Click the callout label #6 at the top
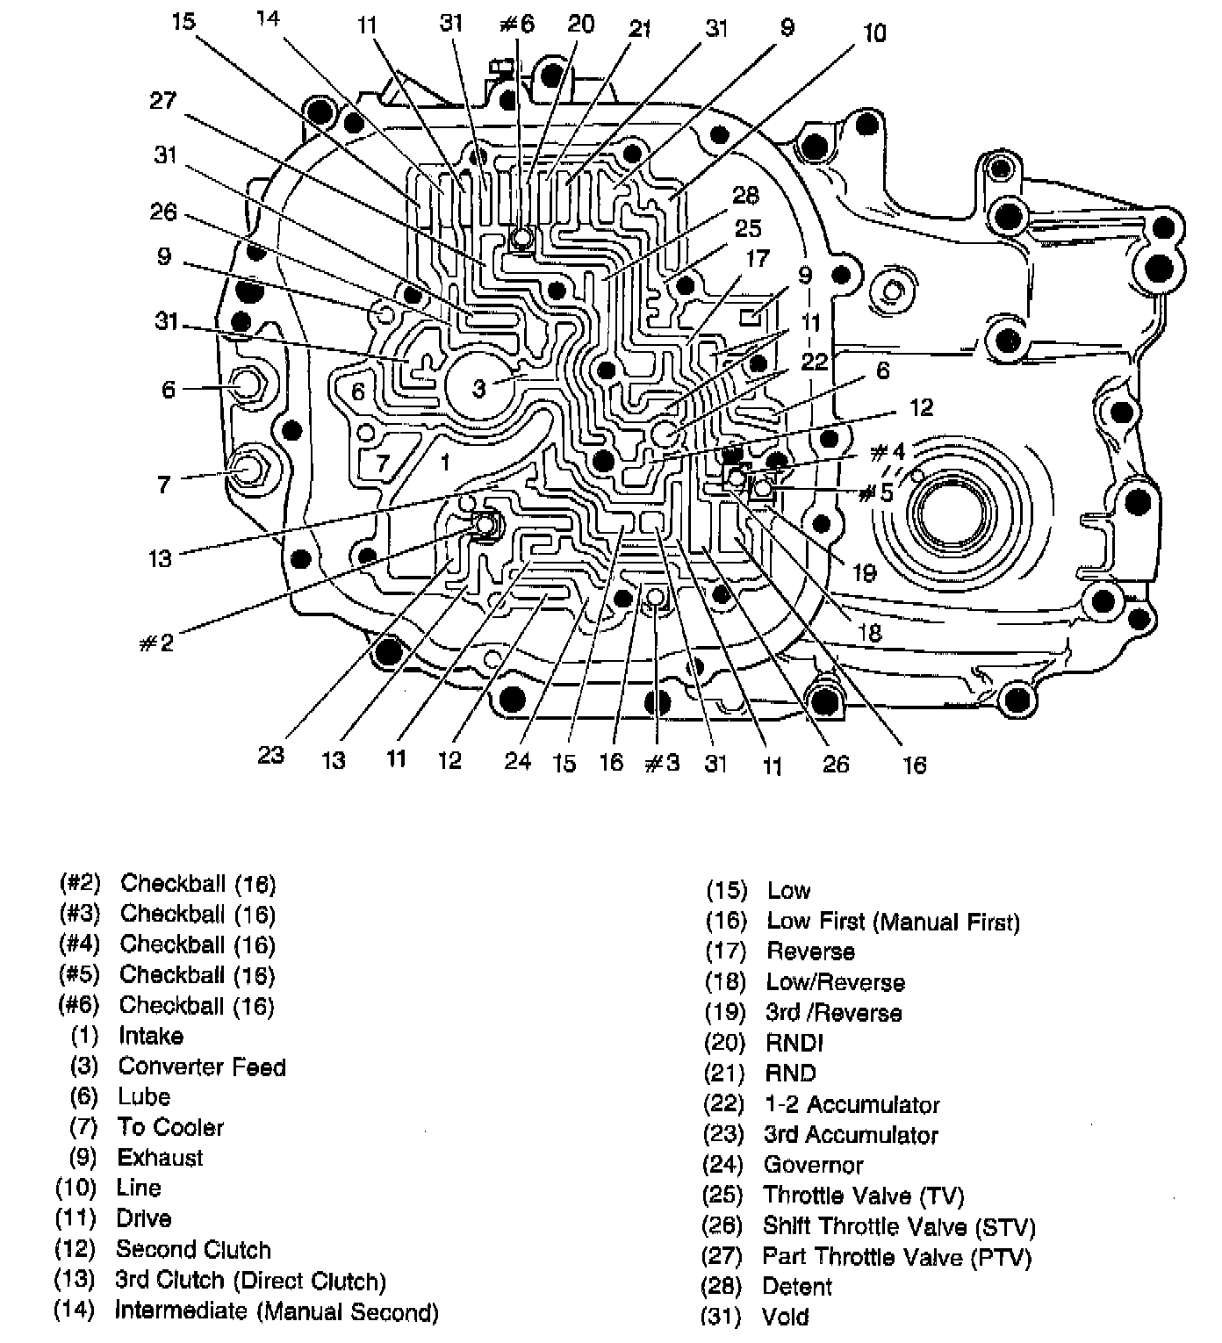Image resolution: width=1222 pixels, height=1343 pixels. (x=516, y=23)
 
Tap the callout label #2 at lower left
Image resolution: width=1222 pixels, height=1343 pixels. (x=156, y=643)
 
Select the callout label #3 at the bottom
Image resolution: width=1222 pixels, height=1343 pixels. (x=663, y=763)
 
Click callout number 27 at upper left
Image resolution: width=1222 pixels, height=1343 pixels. (x=163, y=101)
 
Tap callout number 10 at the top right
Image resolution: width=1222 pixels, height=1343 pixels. (x=874, y=33)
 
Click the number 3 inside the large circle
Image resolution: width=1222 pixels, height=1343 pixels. (x=478, y=387)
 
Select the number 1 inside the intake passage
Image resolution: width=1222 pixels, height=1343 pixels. (x=445, y=460)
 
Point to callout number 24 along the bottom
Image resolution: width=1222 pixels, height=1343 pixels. (x=517, y=760)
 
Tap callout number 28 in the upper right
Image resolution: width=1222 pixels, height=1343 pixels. (x=745, y=195)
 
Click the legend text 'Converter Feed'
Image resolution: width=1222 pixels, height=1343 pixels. (x=202, y=1066)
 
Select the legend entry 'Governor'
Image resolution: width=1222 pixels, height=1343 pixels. (x=813, y=1165)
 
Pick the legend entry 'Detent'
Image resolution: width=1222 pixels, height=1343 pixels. (x=796, y=1287)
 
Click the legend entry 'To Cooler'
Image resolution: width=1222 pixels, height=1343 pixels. (x=170, y=1127)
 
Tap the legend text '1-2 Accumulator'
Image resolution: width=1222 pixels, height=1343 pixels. (x=852, y=1104)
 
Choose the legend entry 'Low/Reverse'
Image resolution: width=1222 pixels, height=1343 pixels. (x=835, y=982)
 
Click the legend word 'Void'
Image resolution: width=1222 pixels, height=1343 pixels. (x=785, y=1317)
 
